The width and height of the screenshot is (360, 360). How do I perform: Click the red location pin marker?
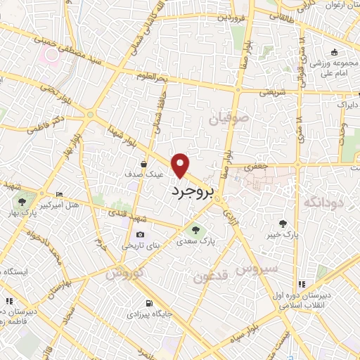(182, 165)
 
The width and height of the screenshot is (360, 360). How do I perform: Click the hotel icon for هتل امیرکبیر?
(59, 194)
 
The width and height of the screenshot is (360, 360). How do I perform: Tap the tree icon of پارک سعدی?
(195, 229)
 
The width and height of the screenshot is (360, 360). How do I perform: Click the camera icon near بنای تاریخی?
(140, 235)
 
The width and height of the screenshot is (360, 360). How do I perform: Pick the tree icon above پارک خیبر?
(283, 224)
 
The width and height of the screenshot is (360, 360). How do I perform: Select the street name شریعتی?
(272, 91)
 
